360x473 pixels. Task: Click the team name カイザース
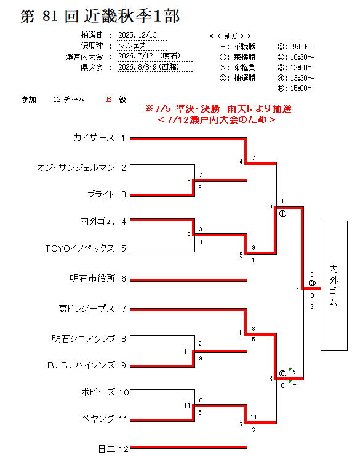tap(94, 138)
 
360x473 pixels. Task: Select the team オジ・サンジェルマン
tap(76, 167)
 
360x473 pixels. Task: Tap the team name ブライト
tap(101, 194)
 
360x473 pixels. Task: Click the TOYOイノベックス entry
tap(79, 248)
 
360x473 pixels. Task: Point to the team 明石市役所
tap(92, 278)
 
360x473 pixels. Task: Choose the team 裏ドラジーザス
tap(87, 309)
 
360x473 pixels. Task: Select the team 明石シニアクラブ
tap(83, 338)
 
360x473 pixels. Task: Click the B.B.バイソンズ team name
tap(81, 365)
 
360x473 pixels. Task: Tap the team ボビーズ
tap(98, 392)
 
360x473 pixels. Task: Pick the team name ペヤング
tap(98, 418)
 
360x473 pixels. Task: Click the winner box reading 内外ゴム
tap(334, 285)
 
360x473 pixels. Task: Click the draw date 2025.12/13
tap(138, 34)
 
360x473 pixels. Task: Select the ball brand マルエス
tap(132, 46)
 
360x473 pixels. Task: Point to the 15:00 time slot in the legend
tap(296, 88)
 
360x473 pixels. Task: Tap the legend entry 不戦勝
tap(244, 47)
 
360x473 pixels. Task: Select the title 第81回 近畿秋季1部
tap(100, 16)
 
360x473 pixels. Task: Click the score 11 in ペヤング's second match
tap(254, 416)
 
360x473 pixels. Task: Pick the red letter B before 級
tap(109, 99)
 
